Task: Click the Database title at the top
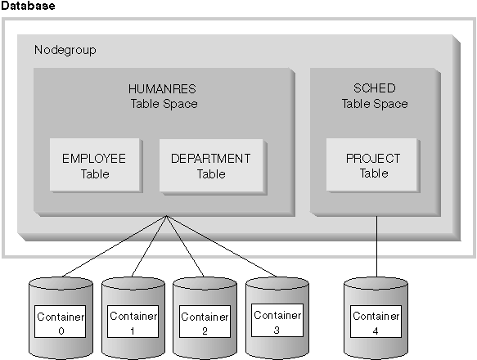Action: coord(29,7)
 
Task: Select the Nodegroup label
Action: coord(65,50)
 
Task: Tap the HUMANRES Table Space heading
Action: coord(164,96)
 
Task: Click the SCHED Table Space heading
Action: coord(374,96)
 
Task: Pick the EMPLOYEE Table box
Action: coord(94,165)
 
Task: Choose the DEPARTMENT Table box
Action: coord(210,165)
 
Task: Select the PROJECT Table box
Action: coord(373,165)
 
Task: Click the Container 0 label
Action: coord(59,322)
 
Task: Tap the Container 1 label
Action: coord(133,322)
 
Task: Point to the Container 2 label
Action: coord(205,322)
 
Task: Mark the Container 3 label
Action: coord(277,321)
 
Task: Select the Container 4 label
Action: coord(376,322)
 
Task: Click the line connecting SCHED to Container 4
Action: coord(376,245)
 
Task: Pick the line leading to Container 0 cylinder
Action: coord(115,245)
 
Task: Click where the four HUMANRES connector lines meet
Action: coord(166,216)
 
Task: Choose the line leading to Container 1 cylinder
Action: coord(149,246)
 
